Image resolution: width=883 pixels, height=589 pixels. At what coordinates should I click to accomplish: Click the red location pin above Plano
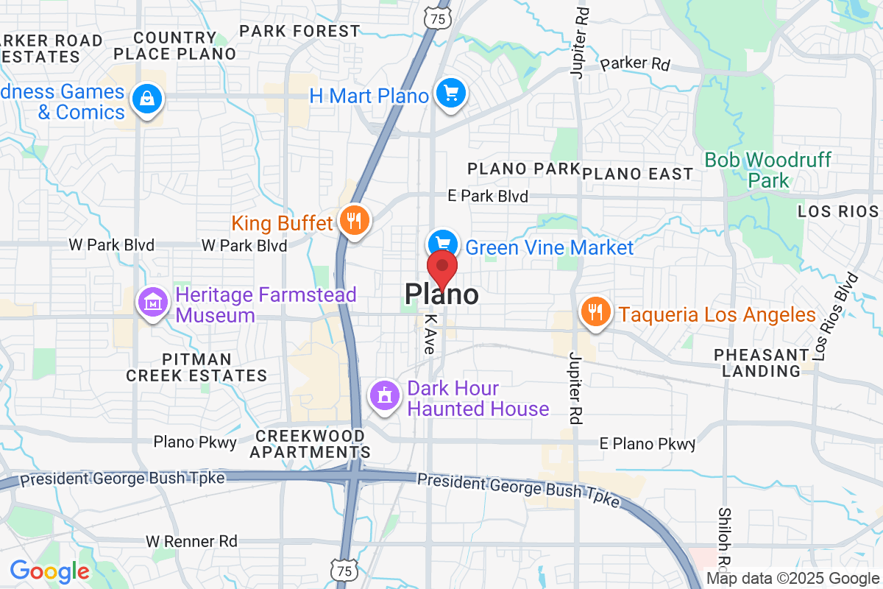(443, 267)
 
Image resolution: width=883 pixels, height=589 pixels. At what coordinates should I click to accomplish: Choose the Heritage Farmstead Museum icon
(153, 303)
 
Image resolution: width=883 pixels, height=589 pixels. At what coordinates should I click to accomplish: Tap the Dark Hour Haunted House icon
(384, 396)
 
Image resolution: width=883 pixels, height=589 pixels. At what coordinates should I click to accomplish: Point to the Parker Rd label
(635, 64)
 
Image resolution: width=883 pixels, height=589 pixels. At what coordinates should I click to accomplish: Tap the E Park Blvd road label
(489, 197)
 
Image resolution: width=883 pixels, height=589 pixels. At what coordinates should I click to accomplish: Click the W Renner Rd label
(191, 541)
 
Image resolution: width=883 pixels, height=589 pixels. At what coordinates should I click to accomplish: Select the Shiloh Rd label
(724, 545)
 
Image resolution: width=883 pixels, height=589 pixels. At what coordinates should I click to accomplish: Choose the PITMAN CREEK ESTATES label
(196, 367)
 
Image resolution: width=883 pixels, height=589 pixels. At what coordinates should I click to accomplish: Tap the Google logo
(49, 571)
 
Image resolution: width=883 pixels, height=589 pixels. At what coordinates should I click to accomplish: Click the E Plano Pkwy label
(647, 444)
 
